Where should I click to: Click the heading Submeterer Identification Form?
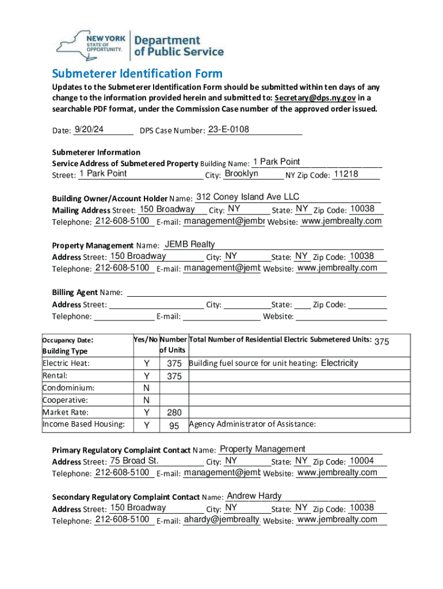pos(137,74)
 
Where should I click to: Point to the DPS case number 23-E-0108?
pos(228,129)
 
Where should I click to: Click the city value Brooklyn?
pos(241,174)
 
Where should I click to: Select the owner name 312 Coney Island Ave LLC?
pos(247,197)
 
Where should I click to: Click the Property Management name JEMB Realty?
pos(190,244)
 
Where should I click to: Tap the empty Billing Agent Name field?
pos(256,293)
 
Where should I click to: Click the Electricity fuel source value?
pos(339,363)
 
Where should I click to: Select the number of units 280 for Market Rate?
pos(174,413)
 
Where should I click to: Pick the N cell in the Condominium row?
pos(147,388)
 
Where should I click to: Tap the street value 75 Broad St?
pos(134,461)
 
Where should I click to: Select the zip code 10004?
pos(361,461)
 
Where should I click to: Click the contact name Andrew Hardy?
pos(254,496)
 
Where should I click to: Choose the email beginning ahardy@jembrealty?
pos(221,519)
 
